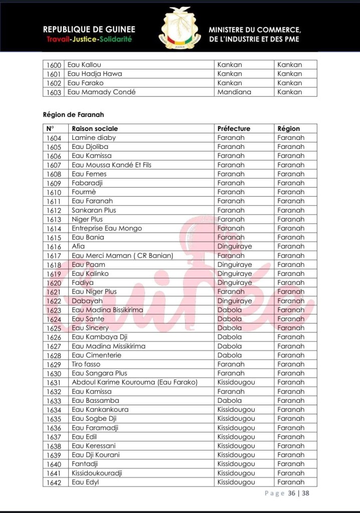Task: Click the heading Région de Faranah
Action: pos(73,115)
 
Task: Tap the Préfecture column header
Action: pos(234,129)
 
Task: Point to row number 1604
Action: pos(54,138)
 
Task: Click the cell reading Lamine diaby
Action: pos(94,138)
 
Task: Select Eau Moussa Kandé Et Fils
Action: pos(111,165)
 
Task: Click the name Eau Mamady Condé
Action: pos(101,92)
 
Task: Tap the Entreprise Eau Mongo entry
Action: pos(107,228)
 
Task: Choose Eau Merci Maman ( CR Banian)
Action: pos(122,256)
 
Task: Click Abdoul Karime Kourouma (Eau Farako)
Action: pos(134,383)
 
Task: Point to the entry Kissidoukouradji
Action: pos(97,473)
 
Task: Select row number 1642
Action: pos(54,482)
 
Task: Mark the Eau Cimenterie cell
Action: pos(96,356)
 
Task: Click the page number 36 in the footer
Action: pos(291,493)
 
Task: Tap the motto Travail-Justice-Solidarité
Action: pos(89,39)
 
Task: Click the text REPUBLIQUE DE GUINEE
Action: pos(89,30)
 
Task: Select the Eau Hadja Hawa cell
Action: pos(95,74)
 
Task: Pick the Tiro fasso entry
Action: pos(86,365)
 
